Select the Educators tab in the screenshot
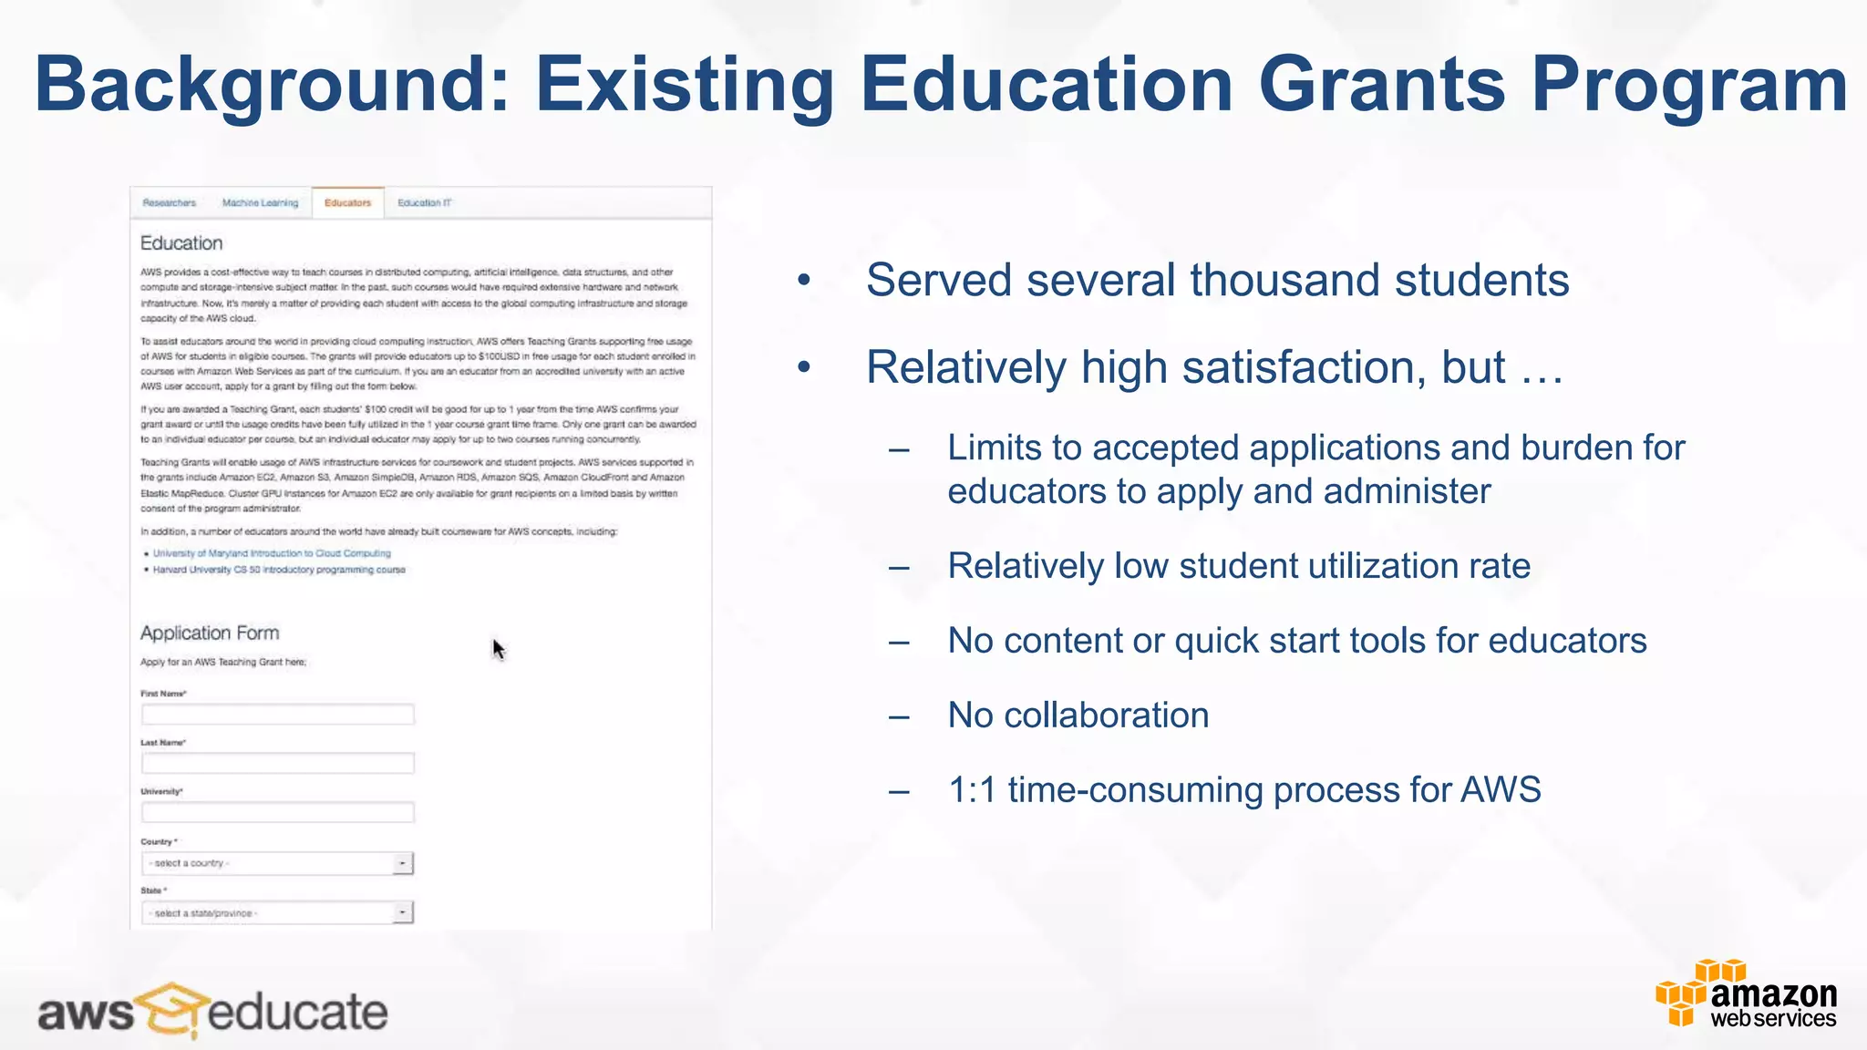coord(347,202)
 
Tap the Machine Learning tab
coord(260,202)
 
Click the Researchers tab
coord(170,202)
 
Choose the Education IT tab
coord(425,202)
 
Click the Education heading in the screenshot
coord(181,243)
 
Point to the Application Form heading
coord(210,633)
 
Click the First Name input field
coord(277,714)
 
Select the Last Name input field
coord(277,763)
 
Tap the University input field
coord(277,812)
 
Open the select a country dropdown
coord(277,863)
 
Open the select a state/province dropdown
coord(277,912)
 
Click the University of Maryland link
coord(272,553)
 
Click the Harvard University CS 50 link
coord(279,570)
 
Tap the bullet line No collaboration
coord(1078,715)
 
